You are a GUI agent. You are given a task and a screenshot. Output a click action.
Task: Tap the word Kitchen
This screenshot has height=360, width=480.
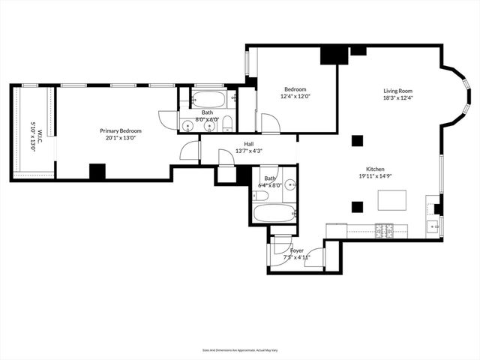pos(376,169)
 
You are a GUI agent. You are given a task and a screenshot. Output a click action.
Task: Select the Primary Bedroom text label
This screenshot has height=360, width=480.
pos(121,130)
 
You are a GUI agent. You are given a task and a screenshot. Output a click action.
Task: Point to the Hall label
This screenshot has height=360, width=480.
pos(248,144)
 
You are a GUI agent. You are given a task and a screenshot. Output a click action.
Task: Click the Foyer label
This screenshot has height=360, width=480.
pos(297,250)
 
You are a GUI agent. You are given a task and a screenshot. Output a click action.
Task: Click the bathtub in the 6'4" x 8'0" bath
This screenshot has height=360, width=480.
pos(274,214)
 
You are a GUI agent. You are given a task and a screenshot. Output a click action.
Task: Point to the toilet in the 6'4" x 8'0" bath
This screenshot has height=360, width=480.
pos(261,196)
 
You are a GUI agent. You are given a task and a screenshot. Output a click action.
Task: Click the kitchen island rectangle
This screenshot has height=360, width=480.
pos(391,201)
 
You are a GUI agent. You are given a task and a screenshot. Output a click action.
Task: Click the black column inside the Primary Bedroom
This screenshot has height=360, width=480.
pos(97,171)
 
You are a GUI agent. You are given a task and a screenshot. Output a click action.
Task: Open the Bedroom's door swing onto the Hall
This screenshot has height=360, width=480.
pos(270,124)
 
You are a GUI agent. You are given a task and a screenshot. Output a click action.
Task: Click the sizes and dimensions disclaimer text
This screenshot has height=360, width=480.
pos(239,349)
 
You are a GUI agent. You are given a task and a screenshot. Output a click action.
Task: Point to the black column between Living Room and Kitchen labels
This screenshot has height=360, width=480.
pos(357,140)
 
